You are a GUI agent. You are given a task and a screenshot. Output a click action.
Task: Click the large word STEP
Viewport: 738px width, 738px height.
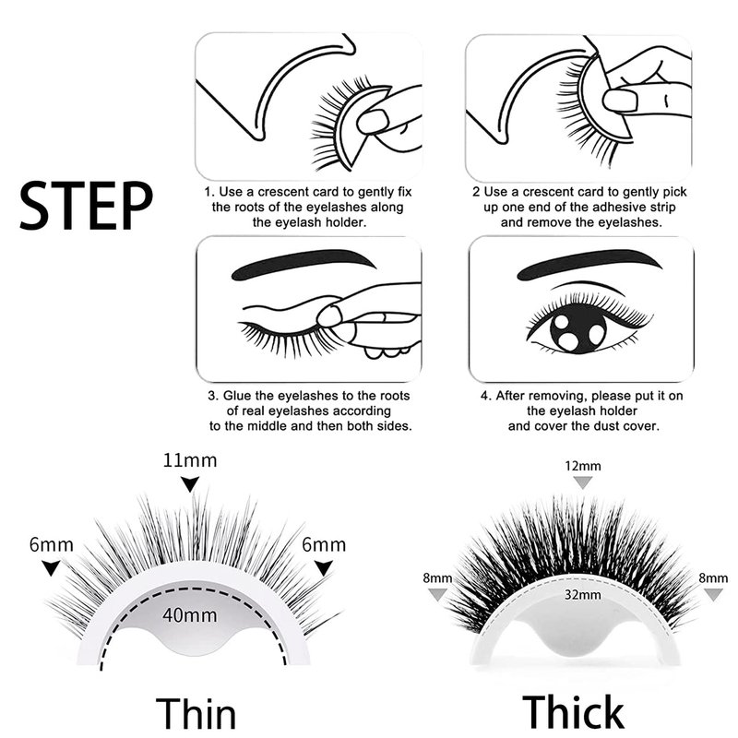86,206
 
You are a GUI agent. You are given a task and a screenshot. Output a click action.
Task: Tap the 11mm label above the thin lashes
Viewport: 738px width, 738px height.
190,459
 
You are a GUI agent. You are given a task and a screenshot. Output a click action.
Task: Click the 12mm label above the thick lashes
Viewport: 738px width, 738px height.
583,466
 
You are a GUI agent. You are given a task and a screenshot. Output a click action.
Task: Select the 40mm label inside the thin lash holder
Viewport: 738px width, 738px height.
190,615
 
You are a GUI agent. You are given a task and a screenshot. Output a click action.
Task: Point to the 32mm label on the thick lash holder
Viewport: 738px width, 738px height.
583,594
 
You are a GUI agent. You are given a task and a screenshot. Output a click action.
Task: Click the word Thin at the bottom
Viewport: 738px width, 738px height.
196,712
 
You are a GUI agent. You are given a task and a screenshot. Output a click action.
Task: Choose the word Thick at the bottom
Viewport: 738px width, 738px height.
573,711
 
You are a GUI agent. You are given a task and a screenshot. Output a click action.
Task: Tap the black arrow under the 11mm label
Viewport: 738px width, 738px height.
190,483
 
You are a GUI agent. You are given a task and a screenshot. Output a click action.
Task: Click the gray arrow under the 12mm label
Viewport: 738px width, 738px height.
583,482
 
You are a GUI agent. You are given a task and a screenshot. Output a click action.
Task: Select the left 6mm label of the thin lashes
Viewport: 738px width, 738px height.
52,544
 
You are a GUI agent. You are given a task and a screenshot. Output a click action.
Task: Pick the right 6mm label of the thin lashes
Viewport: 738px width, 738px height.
324,544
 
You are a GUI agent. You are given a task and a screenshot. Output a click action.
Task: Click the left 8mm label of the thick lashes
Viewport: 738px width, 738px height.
437,578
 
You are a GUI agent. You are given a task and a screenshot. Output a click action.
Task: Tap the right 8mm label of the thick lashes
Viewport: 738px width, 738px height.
713,578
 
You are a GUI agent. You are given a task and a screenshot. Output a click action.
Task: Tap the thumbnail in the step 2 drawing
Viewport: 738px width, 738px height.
620,100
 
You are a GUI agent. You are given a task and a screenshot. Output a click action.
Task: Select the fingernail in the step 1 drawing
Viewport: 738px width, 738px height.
373,122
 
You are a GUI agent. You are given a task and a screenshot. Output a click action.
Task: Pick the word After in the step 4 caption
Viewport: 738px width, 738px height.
510,396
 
